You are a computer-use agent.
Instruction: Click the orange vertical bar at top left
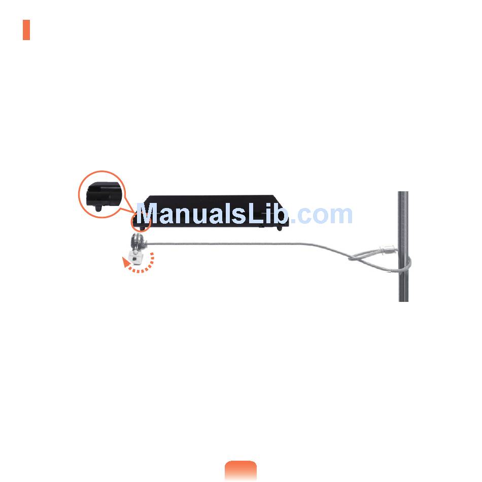coord(26,30)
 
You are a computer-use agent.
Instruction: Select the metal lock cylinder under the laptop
coord(138,240)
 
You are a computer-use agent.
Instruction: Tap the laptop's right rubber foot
coord(279,228)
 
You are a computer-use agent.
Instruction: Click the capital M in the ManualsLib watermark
coord(151,215)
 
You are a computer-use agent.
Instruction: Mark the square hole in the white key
coord(134,257)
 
